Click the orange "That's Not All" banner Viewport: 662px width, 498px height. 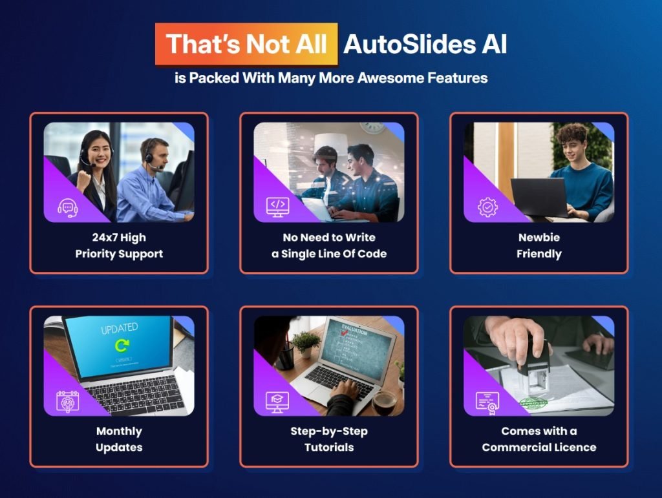tap(246, 44)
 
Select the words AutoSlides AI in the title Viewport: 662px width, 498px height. tap(425, 44)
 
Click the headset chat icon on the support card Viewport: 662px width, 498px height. tap(67, 207)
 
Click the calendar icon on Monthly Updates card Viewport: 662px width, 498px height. tap(67, 400)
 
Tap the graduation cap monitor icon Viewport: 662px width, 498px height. tap(277, 400)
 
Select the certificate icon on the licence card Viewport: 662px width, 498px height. tap(487, 400)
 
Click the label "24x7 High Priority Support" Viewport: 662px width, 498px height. tap(119, 245)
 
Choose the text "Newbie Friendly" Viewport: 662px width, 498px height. tap(539, 245)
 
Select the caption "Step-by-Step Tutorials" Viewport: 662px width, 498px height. tap(329, 439)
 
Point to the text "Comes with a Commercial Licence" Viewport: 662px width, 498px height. tap(539, 439)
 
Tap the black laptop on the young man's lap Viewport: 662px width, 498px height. tap(539, 196)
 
